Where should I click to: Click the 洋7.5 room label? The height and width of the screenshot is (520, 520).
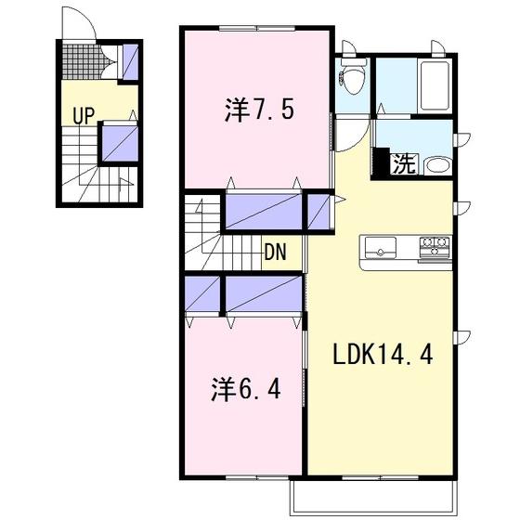[x=259, y=110]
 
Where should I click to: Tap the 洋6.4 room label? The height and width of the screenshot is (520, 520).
[x=246, y=389]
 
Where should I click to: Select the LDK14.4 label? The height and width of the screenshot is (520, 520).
[x=383, y=354]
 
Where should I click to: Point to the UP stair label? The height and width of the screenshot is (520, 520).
[x=84, y=115]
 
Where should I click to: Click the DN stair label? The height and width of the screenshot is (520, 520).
[x=275, y=253]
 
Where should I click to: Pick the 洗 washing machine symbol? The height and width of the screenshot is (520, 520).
[x=404, y=164]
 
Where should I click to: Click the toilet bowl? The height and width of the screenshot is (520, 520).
[x=353, y=79]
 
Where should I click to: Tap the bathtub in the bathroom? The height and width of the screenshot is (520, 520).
[x=435, y=86]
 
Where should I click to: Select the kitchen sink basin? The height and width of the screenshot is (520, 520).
[x=381, y=248]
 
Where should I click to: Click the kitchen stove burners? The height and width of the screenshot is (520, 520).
[x=435, y=246]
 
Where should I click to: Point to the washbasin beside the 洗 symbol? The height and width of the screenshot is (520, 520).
[x=437, y=166]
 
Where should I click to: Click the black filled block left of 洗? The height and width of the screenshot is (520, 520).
[x=381, y=162]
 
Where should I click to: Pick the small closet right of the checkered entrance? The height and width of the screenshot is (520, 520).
[x=130, y=62]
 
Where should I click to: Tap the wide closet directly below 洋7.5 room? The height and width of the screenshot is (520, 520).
[x=264, y=212]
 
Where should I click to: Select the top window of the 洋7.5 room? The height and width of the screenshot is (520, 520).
[x=257, y=29]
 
